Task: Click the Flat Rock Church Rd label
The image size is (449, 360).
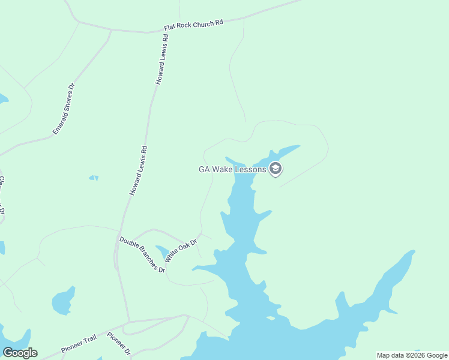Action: (x=193, y=25)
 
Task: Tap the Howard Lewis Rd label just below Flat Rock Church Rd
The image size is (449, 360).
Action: (x=163, y=59)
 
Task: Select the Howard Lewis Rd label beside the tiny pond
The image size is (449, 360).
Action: (x=138, y=170)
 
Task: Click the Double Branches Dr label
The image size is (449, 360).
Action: (x=142, y=254)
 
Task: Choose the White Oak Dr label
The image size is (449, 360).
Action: (x=181, y=250)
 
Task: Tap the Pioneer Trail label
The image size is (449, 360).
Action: (x=79, y=344)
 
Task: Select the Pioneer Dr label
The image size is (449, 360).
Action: (x=119, y=344)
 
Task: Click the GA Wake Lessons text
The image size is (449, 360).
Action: (x=232, y=170)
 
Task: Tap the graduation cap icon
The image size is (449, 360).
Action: (x=276, y=169)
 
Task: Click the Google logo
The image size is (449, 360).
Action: (x=20, y=353)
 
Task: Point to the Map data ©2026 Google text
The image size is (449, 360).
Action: (x=412, y=355)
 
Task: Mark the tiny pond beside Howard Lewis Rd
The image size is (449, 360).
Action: (x=94, y=178)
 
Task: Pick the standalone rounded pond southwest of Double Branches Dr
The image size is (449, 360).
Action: (x=62, y=302)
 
